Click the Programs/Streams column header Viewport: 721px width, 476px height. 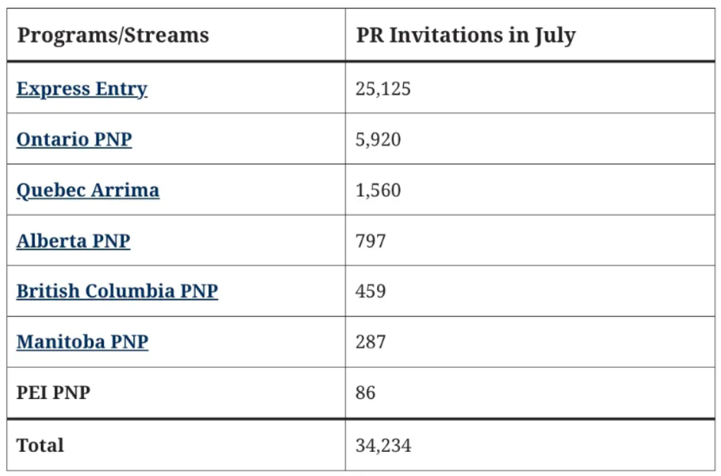[113, 35]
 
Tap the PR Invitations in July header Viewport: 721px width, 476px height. [465, 35]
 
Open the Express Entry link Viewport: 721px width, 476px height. [82, 89]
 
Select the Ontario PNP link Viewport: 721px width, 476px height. [74, 139]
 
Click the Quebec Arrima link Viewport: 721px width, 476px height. [88, 190]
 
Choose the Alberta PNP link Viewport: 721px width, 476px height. [73, 241]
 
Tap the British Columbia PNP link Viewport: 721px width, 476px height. [117, 291]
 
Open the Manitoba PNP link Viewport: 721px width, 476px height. [83, 342]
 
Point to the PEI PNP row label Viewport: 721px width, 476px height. [54, 393]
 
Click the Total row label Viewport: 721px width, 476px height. [40, 446]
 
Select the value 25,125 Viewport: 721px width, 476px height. [383, 89]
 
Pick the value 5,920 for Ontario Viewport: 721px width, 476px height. [379, 139]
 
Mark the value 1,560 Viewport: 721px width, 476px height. [379, 190]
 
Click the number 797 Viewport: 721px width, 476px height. [371, 241]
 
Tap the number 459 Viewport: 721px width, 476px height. [371, 291]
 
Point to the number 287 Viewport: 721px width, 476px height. [371, 342]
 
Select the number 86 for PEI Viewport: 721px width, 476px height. [366, 393]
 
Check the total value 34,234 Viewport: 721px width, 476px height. [383, 446]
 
